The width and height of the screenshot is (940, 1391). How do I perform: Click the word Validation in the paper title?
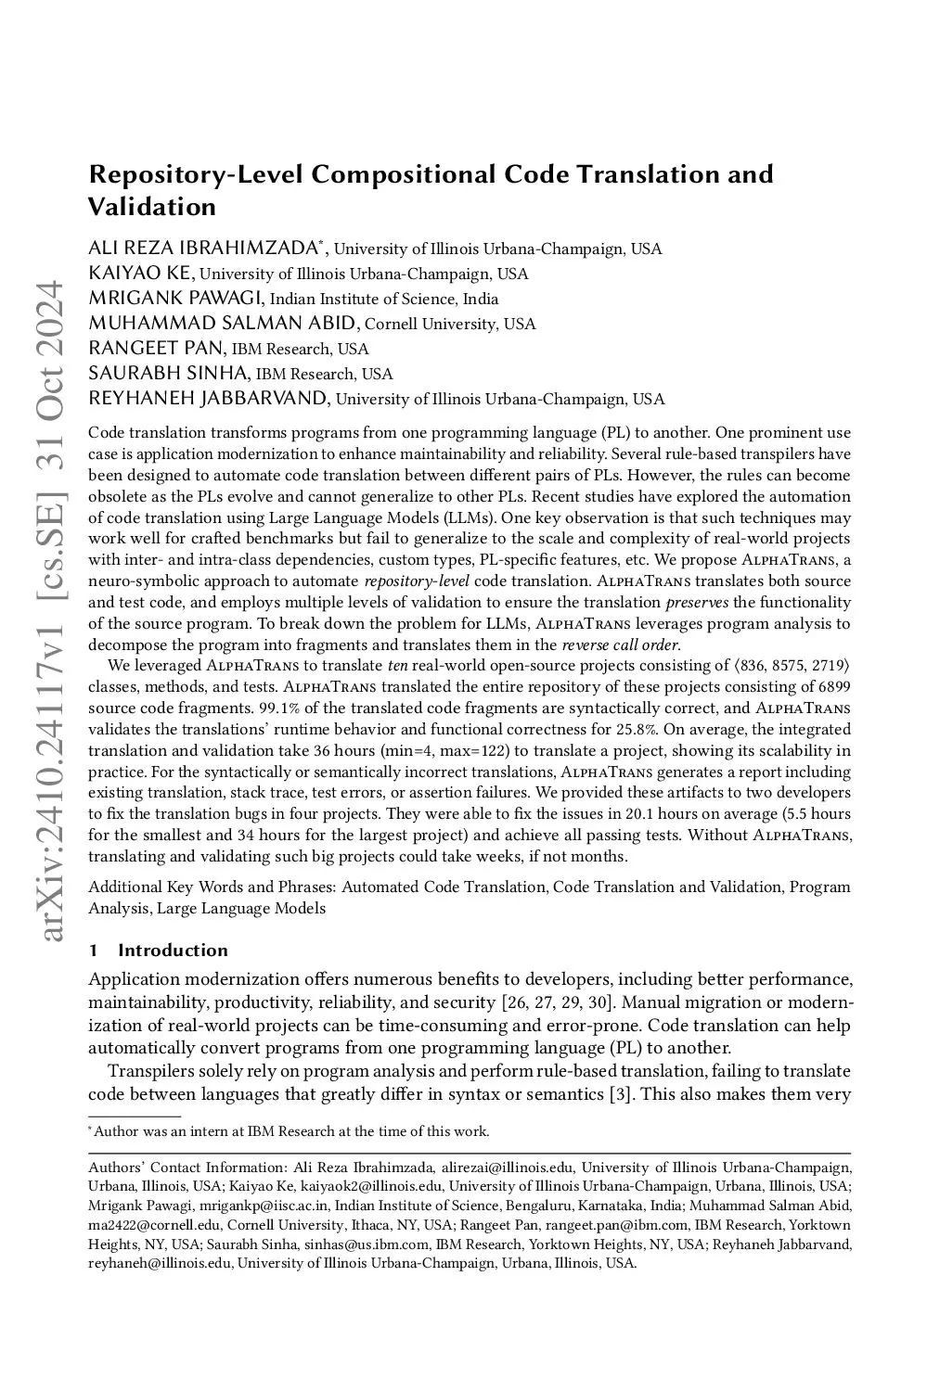152,206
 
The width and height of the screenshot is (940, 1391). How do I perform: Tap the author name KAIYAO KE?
141,273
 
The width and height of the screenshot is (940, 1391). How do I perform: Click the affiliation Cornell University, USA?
450,324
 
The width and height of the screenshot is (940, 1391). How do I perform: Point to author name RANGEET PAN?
156,348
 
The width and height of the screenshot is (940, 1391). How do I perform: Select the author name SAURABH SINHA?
168,373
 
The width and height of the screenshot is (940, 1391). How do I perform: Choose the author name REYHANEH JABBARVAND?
208,399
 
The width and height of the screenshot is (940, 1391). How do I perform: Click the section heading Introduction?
173,950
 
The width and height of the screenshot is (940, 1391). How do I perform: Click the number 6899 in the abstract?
833,686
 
